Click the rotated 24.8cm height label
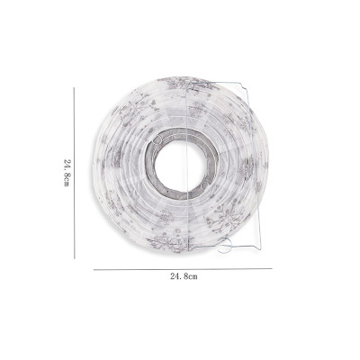[x=67, y=173]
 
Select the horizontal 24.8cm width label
[x=184, y=276]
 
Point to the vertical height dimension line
[x=74, y=173]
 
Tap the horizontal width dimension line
[x=183, y=269]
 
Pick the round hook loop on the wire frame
[x=225, y=246]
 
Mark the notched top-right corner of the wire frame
[x=245, y=87]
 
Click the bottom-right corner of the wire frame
[x=260, y=249]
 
